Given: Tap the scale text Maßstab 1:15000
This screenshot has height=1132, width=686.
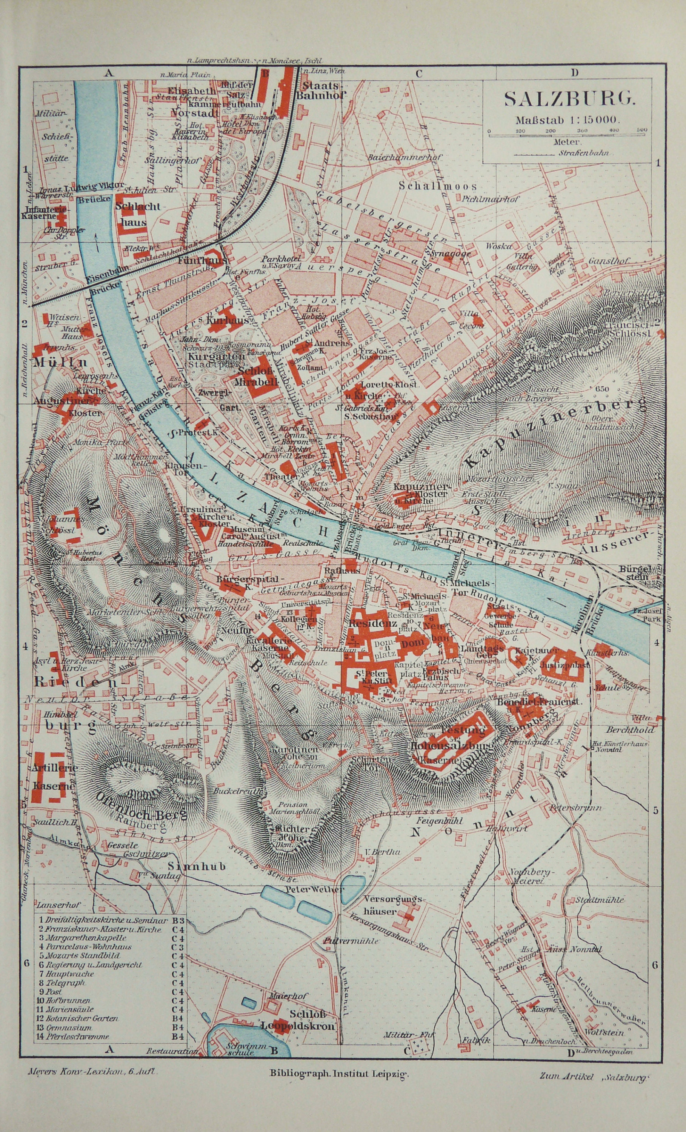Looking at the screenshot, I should (x=568, y=120).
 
